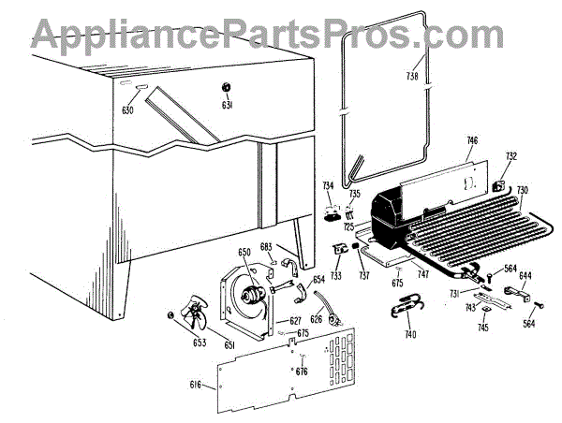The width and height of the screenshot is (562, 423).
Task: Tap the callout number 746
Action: tap(471, 140)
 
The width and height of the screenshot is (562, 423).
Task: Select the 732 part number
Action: tap(510, 157)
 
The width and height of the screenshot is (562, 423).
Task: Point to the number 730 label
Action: tap(523, 190)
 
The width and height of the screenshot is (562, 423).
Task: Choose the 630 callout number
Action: tap(127, 110)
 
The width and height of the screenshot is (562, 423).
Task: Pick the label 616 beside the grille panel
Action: tap(196, 385)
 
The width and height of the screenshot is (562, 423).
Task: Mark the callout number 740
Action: tap(409, 334)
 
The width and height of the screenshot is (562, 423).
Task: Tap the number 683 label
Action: tap(266, 247)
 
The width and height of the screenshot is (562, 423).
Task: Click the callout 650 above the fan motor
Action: tap(244, 253)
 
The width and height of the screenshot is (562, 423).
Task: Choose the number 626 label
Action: tap(316, 320)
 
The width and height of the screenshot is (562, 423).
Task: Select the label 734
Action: tap(328, 186)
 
